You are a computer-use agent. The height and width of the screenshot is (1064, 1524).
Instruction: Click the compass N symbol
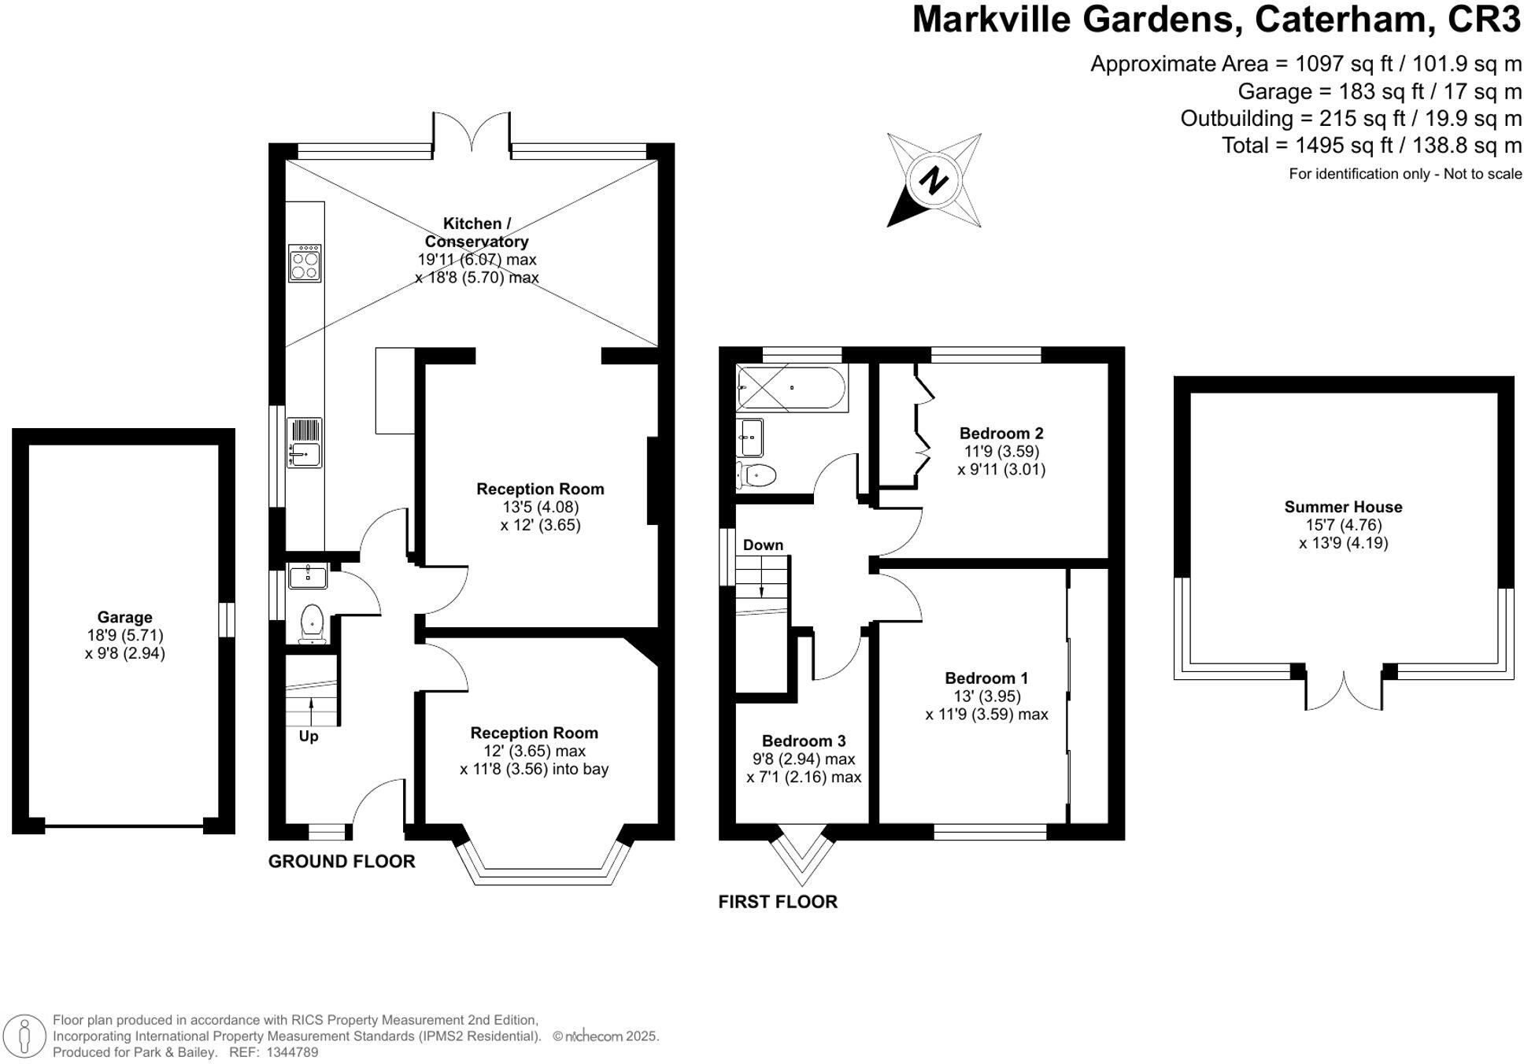pos(934,181)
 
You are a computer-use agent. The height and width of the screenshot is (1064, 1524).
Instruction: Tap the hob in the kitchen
pos(305,263)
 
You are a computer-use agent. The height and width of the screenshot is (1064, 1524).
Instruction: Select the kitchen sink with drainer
pos(304,442)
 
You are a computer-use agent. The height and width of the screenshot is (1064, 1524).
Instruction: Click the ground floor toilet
pos(312,622)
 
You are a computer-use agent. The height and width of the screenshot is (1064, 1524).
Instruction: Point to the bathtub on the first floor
pos(790,388)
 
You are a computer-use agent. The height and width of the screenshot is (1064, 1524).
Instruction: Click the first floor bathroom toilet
pos(758,475)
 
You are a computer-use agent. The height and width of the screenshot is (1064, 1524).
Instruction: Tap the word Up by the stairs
pos(309,737)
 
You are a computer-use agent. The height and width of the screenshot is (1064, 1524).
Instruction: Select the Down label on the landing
pos(763,545)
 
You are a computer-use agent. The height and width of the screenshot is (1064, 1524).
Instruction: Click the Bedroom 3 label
pos(803,741)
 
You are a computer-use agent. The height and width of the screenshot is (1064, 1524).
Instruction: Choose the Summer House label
pos(1343,507)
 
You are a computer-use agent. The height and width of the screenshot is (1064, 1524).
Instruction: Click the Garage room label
pos(124,617)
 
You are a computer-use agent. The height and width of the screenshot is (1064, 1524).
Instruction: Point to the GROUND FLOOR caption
pos(342,861)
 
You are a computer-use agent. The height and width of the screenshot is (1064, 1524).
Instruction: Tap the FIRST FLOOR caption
pos(777,901)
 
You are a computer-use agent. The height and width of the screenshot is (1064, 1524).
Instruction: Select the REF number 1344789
pos(293,1052)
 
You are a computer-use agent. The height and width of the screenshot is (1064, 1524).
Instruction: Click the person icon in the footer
pos(25,1036)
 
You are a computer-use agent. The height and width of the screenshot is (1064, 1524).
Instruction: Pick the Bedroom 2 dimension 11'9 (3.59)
pos(1001,452)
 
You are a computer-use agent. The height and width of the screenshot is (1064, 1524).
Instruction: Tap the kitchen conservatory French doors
pos(472,132)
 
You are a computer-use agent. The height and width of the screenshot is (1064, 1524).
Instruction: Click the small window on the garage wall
pos(226,619)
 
